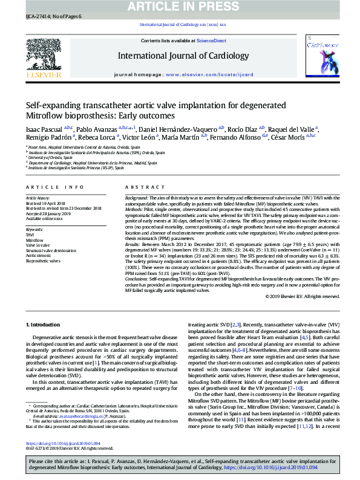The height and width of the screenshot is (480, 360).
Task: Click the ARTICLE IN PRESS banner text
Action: pyautogui.click(x=180, y=6)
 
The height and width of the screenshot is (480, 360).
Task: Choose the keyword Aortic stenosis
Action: pyautogui.click(x=39, y=256)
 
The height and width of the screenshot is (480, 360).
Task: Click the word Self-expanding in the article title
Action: pyautogui.click(x=53, y=105)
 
